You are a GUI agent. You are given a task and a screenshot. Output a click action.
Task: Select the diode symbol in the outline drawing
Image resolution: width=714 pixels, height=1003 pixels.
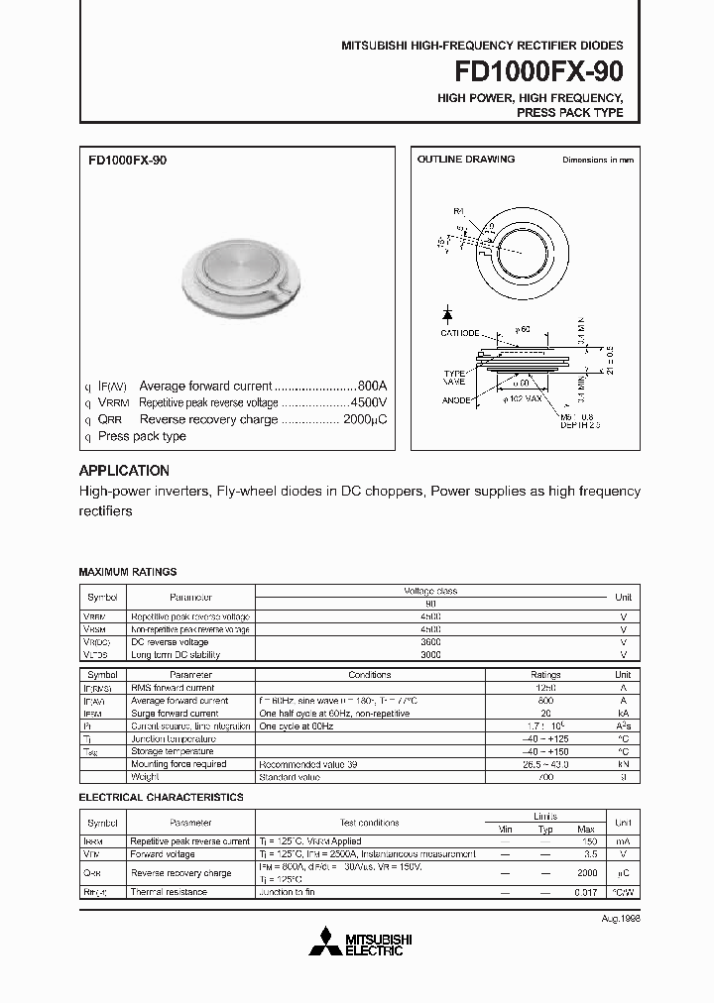coord(447,314)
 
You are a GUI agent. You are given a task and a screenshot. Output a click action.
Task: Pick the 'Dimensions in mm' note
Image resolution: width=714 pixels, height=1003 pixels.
coord(597,160)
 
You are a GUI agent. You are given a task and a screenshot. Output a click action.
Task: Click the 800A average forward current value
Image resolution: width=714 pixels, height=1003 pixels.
coord(371,387)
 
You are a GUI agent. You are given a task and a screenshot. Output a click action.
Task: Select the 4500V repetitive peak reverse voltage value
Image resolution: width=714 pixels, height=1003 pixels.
coord(368,403)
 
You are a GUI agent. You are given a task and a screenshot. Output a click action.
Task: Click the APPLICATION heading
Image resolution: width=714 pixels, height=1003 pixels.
coord(124,471)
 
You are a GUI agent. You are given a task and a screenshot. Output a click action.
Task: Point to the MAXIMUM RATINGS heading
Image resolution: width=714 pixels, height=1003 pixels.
coord(128,572)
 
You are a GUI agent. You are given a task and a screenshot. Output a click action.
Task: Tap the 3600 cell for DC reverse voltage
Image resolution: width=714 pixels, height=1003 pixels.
coord(430,642)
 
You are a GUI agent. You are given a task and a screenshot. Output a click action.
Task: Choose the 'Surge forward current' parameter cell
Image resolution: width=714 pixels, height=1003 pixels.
coord(175,713)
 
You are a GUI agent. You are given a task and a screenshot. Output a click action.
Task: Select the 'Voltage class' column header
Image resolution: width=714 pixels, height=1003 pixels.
coord(430,591)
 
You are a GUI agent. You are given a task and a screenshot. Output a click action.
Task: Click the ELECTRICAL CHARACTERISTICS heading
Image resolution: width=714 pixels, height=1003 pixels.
coord(161,797)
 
